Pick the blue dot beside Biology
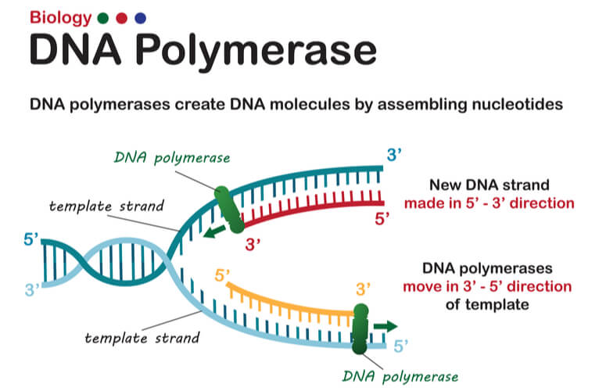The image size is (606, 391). click(140, 16)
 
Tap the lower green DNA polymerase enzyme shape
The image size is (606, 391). click(360, 328)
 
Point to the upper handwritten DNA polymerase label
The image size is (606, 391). click(172, 157)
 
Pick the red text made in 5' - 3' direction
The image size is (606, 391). click(489, 203)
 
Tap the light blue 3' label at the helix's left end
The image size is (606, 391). click(32, 290)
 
